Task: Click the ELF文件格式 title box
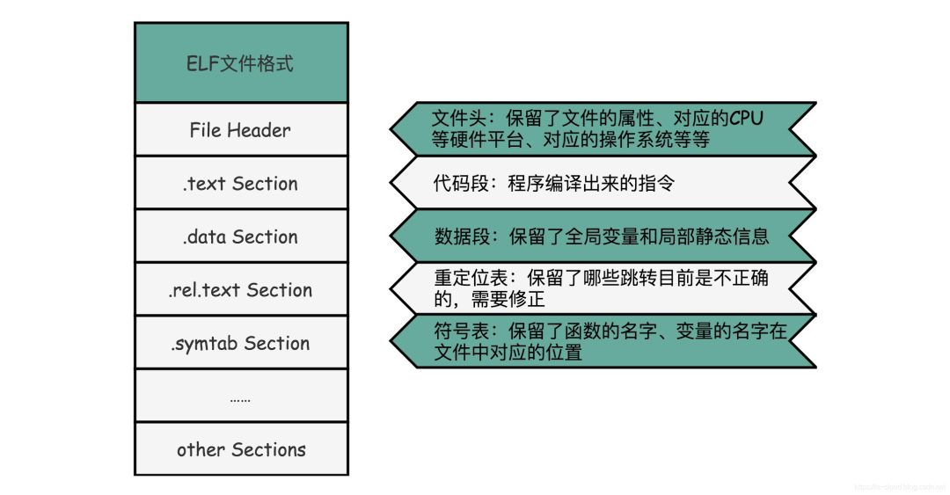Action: pyautogui.click(x=240, y=63)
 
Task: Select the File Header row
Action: pyautogui.click(x=240, y=130)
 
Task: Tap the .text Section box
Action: pyautogui.click(x=240, y=184)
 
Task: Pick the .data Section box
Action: pyautogui.click(x=240, y=237)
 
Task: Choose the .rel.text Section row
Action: pyautogui.click(x=240, y=290)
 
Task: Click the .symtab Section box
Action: pyautogui.click(x=240, y=344)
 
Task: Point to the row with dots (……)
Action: pyautogui.click(x=240, y=397)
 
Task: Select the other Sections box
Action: pyautogui.click(x=240, y=449)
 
